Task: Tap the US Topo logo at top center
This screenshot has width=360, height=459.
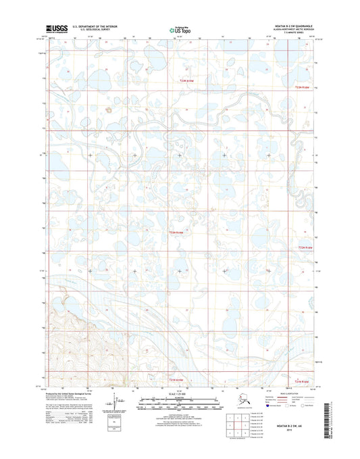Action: [x=179, y=30]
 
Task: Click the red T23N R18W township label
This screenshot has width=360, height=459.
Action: [x=178, y=82]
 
